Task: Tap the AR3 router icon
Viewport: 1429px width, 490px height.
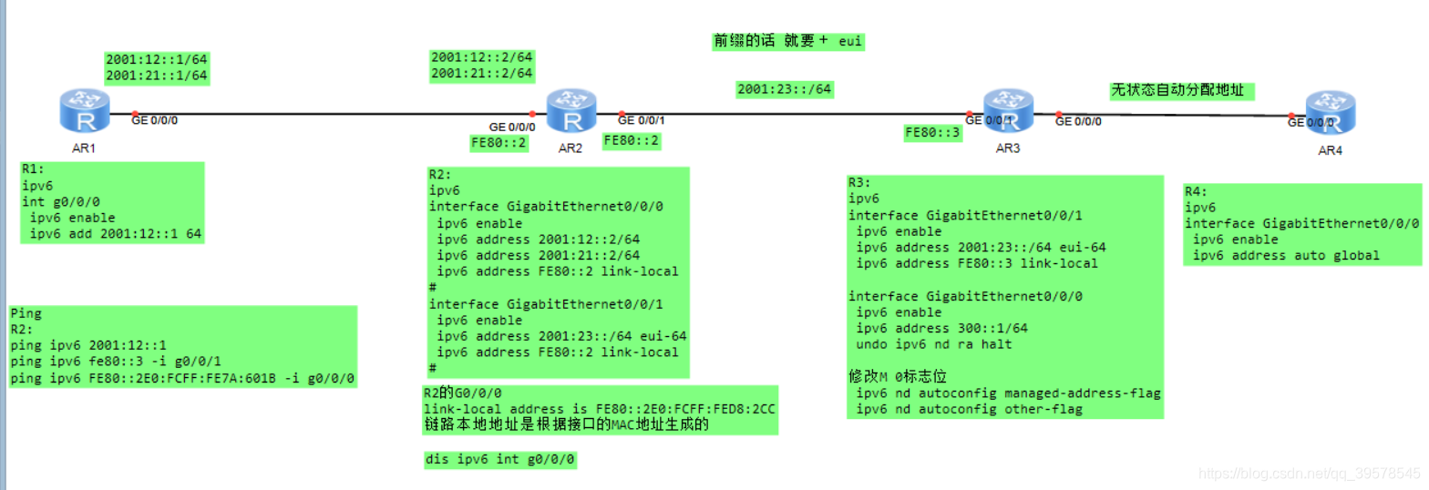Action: [1007, 111]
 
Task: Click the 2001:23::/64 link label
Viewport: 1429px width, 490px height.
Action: [784, 89]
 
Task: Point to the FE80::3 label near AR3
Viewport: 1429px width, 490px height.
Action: [932, 133]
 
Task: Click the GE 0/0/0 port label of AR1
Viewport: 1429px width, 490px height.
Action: [155, 119]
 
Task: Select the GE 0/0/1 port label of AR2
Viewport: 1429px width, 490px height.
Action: [642, 119]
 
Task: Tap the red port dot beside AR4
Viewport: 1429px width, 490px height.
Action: [1292, 117]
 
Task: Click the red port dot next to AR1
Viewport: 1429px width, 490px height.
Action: [135, 114]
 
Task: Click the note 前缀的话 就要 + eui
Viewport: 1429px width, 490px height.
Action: [787, 42]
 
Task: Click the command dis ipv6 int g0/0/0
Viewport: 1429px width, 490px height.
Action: [500, 460]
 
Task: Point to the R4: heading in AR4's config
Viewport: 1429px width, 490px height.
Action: [1197, 191]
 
